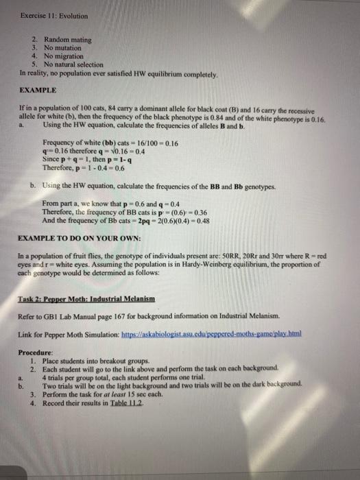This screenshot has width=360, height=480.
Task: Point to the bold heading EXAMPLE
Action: coord(38,90)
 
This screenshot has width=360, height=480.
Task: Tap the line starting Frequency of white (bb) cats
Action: coord(110,143)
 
